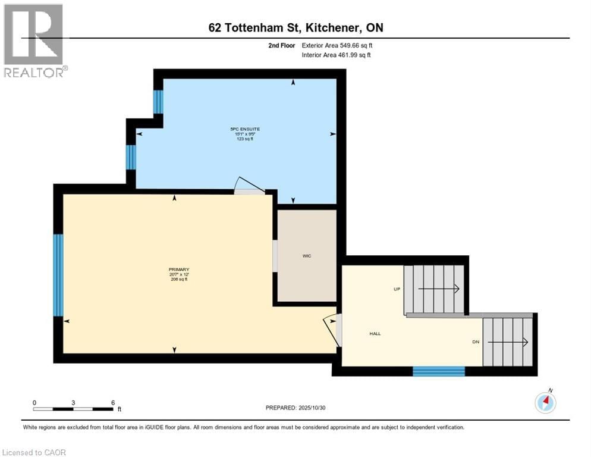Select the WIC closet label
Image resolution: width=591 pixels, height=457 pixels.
(x=307, y=256)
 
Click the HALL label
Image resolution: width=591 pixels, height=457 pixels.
(x=375, y=334)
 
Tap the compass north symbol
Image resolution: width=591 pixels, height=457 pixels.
(x=545, y=403)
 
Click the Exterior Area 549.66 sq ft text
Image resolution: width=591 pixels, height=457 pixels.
(x=337, y=45)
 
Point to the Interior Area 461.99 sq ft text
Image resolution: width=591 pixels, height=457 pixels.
(x=337, y=55)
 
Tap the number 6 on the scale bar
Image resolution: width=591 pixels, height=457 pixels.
(x=113, y=402)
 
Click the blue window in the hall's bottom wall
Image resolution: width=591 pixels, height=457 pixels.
(x=438, y=371)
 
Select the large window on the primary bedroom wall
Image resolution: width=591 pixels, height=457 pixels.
(x=58, y=275)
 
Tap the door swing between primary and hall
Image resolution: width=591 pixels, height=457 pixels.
(x=332, y=329)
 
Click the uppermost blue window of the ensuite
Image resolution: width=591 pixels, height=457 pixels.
(x=158, y=102)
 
